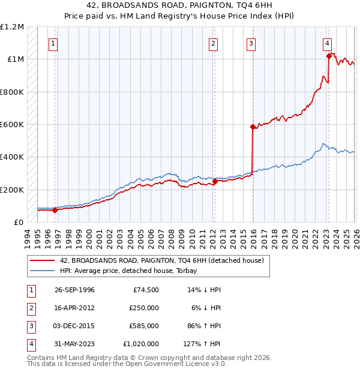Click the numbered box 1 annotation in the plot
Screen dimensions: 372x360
[53, 43]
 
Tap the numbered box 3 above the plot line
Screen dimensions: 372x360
[250, 43]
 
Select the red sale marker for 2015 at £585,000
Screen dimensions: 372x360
[253, 127]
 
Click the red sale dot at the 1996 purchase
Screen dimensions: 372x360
[55, 210]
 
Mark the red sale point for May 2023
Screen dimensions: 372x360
[329, 56]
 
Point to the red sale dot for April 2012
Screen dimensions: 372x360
[215, 181]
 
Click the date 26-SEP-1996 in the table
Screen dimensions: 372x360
[74, 290]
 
